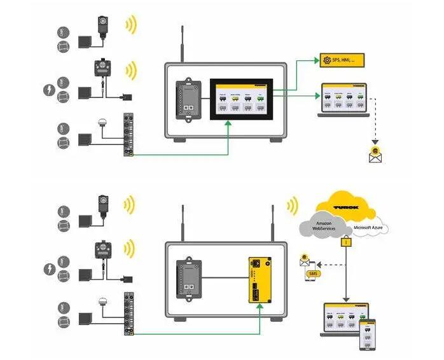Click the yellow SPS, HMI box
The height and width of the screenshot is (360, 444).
343,60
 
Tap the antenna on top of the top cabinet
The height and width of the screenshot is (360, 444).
183,45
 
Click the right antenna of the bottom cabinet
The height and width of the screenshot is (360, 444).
273,222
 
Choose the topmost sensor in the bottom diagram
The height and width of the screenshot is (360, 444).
102,205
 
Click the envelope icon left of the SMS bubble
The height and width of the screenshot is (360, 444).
305,260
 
